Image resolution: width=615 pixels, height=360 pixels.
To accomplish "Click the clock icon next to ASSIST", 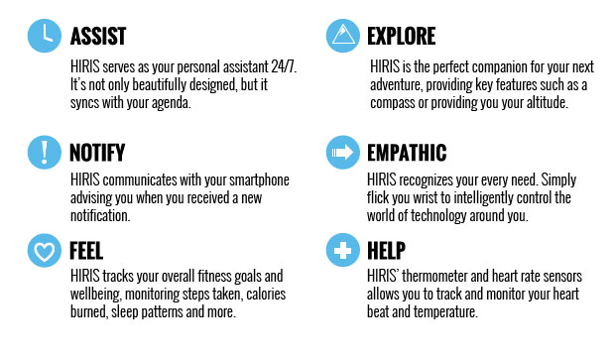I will point(42,36).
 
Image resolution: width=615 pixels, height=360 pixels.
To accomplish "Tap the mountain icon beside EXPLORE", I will point(342,36).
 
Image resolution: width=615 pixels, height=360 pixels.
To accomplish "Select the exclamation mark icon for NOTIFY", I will point(42,152).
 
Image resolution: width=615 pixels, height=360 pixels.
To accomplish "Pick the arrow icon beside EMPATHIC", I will point(342,152).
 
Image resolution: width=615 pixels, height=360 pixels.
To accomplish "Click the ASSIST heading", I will point(98,37).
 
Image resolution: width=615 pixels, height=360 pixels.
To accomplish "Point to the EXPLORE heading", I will point(401,37).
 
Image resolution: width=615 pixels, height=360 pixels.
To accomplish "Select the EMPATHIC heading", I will point(407,153).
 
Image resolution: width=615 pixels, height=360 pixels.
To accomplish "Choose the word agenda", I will point(184,103).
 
